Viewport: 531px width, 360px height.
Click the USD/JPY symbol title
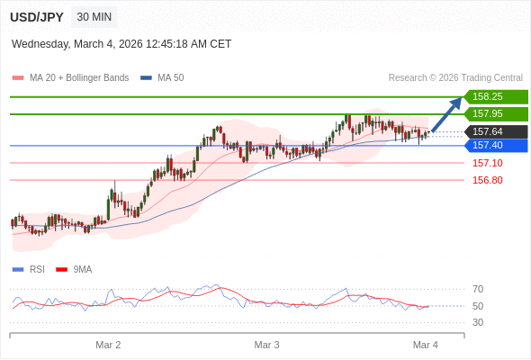[x=38, y=17]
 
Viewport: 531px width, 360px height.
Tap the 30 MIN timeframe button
[x=94, y=17]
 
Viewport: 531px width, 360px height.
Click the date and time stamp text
[x=121, y=43]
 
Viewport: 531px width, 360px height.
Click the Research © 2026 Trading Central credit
[x=455, y=77]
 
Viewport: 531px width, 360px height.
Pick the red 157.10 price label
[x=487, y=163]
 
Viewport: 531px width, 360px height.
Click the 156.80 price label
[x=487, y=180]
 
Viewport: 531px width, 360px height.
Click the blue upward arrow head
[x=456, y=103]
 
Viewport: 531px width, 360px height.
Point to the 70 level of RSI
[x=478, y=289]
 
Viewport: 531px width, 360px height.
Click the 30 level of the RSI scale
[x=478, y=322]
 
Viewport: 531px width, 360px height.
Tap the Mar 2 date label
[x=108, y=345]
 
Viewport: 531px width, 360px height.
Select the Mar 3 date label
[x=266, y=345]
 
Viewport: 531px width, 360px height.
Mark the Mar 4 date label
[x=425, y=345]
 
